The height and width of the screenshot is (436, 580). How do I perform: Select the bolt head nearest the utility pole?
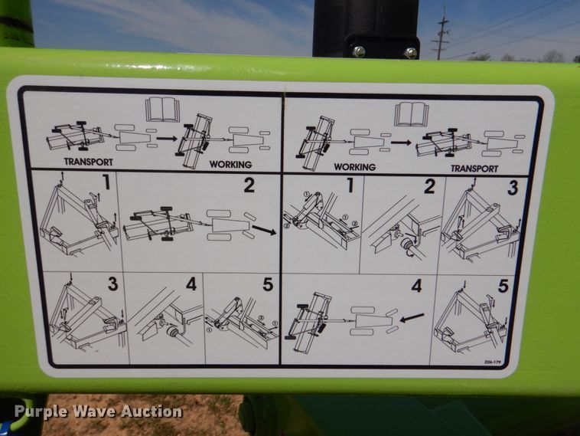click(411, 52)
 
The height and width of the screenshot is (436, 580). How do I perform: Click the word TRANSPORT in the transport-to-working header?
click(89, 162)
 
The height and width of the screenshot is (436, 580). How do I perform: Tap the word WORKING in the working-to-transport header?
click(354, 166)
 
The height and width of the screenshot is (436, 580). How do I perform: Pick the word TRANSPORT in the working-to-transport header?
click(474, 168)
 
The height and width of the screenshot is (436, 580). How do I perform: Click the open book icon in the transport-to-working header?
click(162, 109)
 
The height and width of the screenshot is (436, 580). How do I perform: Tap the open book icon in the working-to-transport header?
click(411, 113)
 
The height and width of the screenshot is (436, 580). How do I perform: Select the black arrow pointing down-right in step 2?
click(264, 229)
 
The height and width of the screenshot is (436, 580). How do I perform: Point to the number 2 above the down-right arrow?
click(249, 185)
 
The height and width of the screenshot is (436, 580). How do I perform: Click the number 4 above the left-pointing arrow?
click(416, 286)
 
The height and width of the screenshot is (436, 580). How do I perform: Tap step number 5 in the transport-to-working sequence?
click(267, 284)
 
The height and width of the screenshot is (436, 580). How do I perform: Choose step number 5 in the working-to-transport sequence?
click(503, 286)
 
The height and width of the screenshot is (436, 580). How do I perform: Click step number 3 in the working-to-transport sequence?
click(512, 187)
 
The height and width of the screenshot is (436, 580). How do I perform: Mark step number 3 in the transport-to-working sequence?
click(112, 284)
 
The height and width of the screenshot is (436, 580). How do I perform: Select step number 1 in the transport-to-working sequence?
click(106, 182)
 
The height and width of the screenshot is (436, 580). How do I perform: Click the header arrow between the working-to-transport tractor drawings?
click(400, 142)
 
